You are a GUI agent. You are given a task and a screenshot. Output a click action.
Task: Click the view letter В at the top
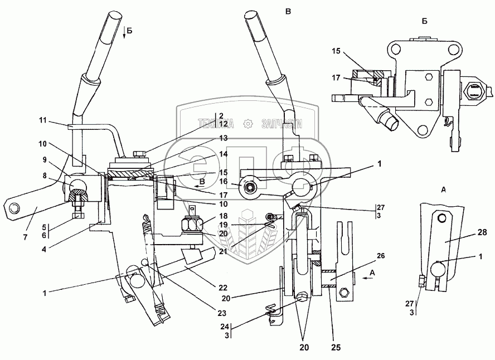288,11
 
